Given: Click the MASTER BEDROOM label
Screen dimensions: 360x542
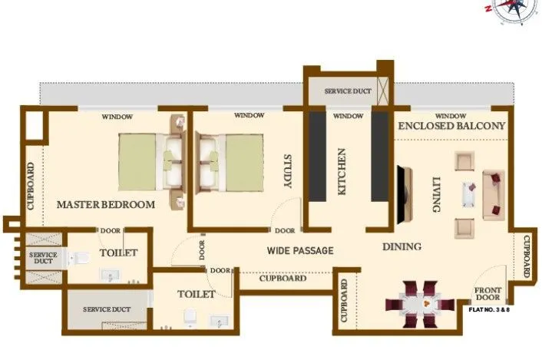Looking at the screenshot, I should tap(106, 205).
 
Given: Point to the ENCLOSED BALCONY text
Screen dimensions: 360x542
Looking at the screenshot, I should tap(451, 125).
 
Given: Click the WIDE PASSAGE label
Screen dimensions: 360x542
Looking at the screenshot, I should tap(300, 250).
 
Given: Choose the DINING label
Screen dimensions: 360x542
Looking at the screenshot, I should tap(402, 246).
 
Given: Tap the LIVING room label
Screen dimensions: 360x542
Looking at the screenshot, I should tap(436, 192).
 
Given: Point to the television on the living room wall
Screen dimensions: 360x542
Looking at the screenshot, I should tap(401, 192).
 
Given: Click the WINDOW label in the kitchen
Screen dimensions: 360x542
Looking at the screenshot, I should tap(349, 116).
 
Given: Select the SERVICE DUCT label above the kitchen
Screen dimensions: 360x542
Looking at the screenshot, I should tap(348, 91).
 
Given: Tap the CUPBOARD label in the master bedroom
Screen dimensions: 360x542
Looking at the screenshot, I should tap(31, 186).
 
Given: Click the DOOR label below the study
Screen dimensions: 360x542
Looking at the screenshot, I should tap(285, 230).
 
